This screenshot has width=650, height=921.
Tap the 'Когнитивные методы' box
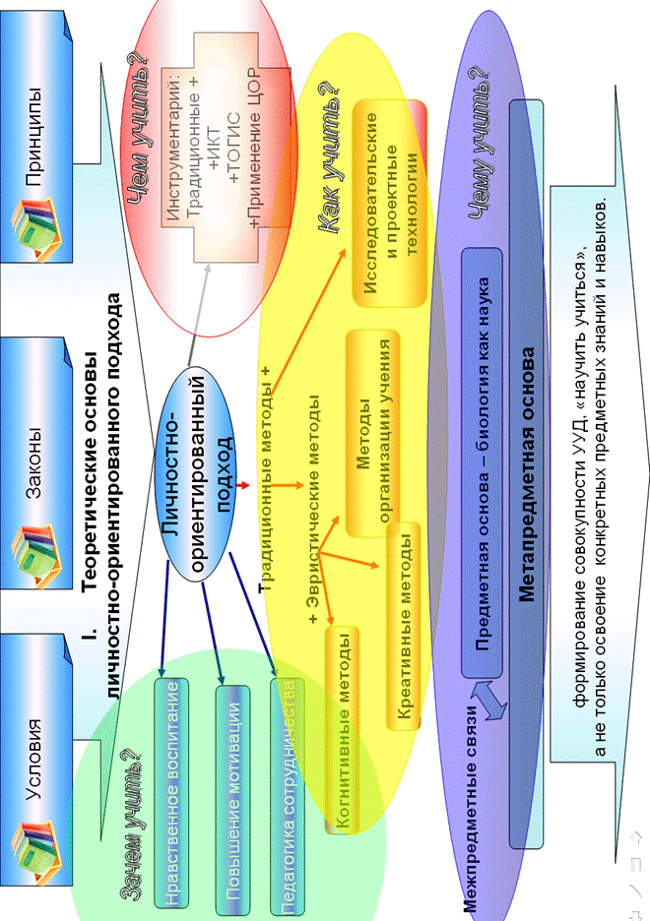343,728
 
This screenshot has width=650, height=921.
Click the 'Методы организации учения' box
372,434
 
